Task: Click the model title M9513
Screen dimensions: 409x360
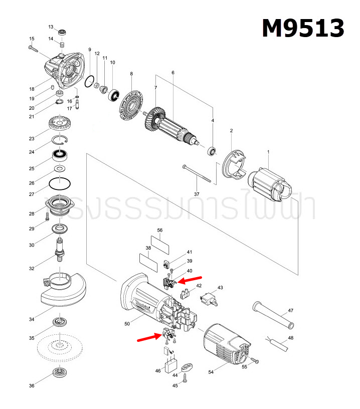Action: point(303,28)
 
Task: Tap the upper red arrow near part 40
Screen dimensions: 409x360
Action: point(191,279)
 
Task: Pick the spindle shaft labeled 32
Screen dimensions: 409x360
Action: point(60,249)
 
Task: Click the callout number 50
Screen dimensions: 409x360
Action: point(127,324)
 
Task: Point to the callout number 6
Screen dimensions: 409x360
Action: point(172,73)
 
